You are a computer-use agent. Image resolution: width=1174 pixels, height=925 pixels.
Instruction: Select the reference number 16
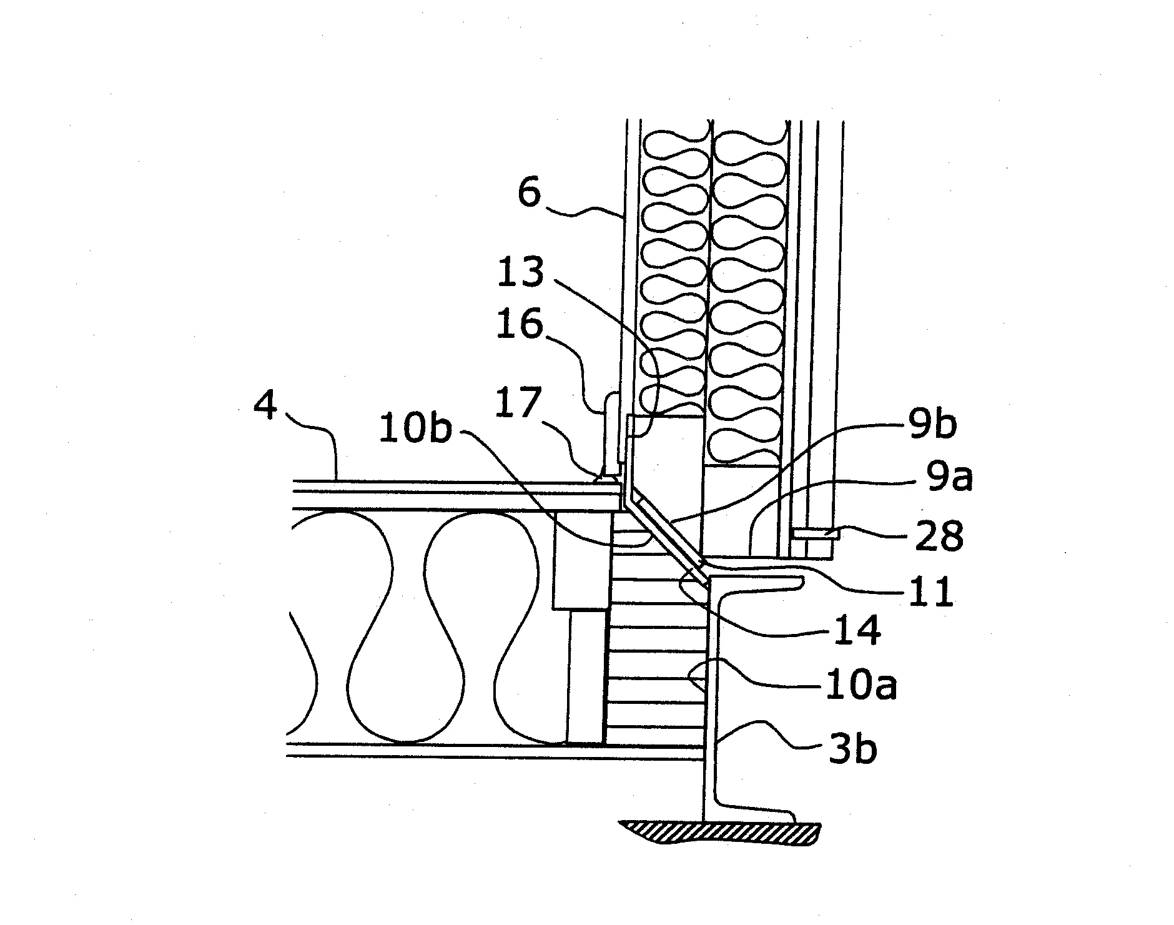[520, 325]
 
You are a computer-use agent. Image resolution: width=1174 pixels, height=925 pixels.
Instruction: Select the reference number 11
[930, 591]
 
